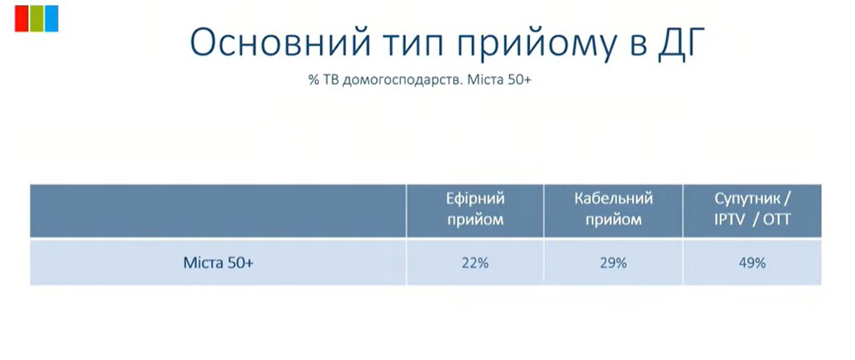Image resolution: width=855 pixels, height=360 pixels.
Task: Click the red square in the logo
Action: click(21, 19)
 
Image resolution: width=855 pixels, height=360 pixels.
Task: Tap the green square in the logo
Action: click(36, 19)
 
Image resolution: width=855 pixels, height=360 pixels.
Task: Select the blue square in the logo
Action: click(51, 19)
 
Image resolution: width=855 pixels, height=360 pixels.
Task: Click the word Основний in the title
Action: click(281, 42)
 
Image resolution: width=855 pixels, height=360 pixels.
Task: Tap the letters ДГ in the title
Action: click(681, 43)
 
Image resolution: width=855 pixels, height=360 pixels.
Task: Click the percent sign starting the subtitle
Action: click(313, 80)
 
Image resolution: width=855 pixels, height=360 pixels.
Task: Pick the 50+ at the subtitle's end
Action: click(519, 79)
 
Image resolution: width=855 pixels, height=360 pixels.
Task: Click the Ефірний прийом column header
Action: click(475, 209)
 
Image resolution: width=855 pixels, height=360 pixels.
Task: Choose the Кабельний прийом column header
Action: click(613, 209)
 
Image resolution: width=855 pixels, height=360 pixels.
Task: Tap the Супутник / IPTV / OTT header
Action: click(752, 209)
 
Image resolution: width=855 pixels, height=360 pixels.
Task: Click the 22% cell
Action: click(475, 263)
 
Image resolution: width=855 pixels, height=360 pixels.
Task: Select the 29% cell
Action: click(613, 263)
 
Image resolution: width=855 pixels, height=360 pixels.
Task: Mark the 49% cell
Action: click(752, 263)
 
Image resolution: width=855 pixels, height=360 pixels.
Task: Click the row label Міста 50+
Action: click(218, 263)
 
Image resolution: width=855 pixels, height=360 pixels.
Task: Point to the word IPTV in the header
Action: click(730, 220)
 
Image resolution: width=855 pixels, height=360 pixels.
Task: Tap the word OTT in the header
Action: click(777, 220)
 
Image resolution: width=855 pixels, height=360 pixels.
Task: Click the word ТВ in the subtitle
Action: click(331, 80)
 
